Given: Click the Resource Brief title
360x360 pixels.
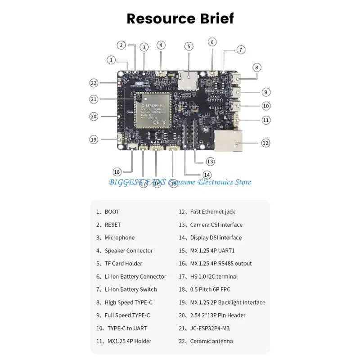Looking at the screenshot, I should point(180,18).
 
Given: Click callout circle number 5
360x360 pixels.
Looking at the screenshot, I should point(189,46).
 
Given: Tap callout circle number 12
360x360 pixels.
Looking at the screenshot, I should point(265,143).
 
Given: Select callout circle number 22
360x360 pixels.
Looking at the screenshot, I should point(94,83).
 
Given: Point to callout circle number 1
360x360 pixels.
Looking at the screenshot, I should point(112,60).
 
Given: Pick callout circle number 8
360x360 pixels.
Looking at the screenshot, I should point(256,67).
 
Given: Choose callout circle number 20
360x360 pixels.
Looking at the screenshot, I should point(94,116).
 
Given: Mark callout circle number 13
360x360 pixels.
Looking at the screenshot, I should point(210,161).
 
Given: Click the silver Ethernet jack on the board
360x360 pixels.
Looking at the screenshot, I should point(229,141).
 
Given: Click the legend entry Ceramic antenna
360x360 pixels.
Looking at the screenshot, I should point(211,341).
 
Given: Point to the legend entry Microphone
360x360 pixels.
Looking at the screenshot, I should point(119,238).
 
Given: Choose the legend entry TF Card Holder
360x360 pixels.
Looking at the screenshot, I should point(123,264).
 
